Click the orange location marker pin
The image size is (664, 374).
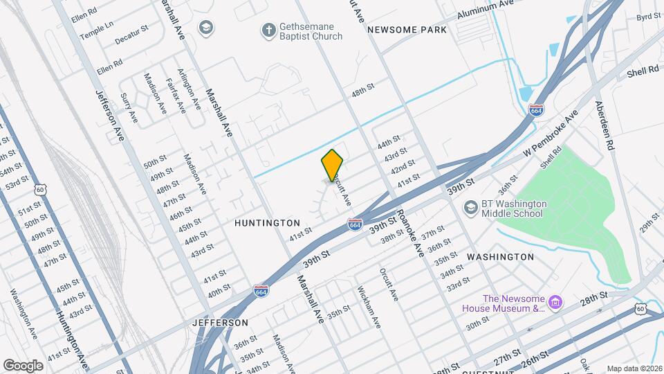[x=333, y=164]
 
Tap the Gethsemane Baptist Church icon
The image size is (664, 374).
[x=268, y=30]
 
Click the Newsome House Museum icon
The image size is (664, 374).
[x=554, y=303]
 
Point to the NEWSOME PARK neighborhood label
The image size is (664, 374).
[x=407, y=30]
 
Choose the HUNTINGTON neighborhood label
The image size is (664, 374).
[x=267, y=223]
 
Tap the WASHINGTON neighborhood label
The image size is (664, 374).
[x=500, y=256]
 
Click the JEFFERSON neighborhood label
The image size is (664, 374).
[x=221, y=323]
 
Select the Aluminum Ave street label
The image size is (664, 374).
[x=485, y=11]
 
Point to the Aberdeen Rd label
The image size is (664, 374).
[x=605, y=127]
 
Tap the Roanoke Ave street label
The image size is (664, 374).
[x=408, y=234]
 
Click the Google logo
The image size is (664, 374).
[x=23, y=365]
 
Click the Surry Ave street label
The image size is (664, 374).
[x=129, y=109]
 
